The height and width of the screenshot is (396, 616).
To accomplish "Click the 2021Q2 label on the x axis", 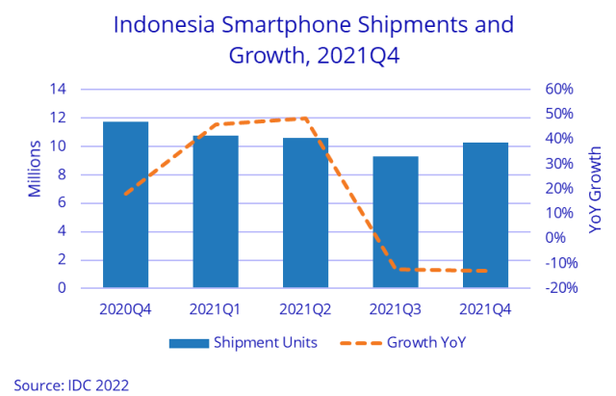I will [306, 309].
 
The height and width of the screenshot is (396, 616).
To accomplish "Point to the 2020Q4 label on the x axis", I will [126, 309].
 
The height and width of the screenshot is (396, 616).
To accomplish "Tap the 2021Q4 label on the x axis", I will [486, 309].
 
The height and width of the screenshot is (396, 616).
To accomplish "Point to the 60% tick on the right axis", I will [561, 90].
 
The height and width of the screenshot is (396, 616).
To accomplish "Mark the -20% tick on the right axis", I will [559, 288].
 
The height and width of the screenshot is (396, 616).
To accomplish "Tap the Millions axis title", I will [34, 170].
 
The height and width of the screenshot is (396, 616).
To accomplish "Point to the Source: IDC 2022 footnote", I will [71, 383].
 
